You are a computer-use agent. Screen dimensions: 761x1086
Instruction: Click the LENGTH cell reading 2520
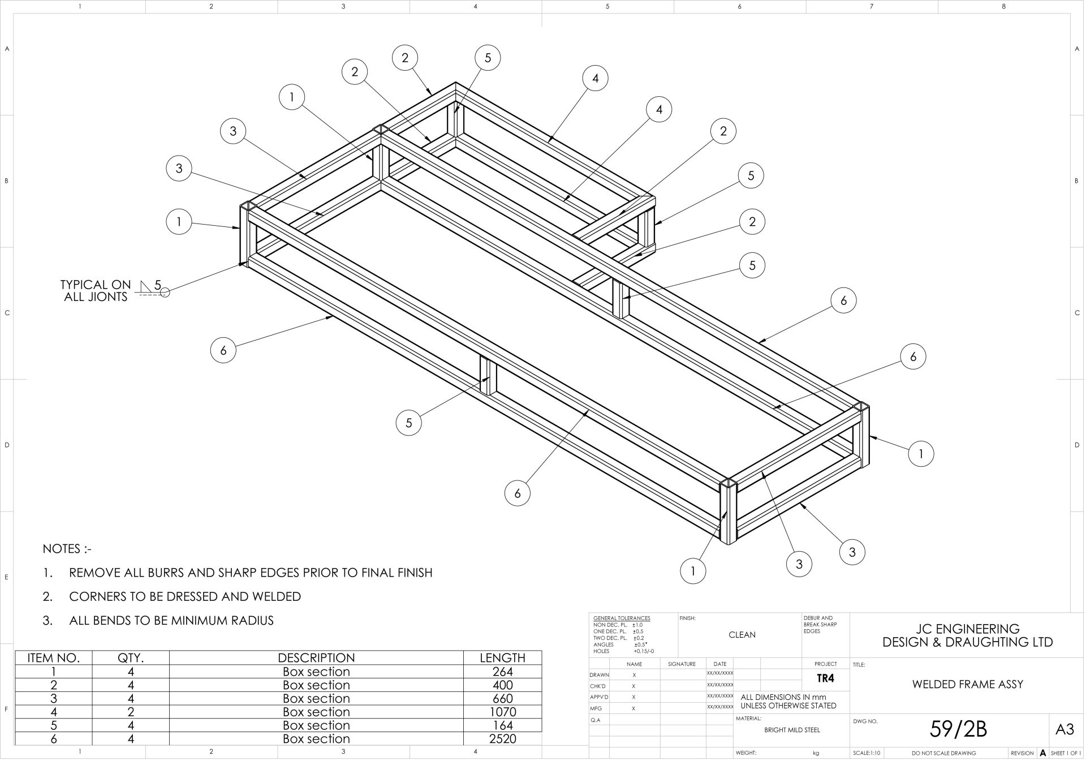(502, 738)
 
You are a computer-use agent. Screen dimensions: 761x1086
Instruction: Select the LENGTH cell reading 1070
(502, 712)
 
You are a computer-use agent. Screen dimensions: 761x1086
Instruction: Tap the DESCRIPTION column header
(316, 658)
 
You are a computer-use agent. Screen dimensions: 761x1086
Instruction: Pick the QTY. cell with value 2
(131, 712)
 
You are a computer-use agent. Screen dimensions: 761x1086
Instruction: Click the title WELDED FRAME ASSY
(967, 685)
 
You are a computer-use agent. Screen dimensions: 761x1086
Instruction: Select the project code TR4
(825, 678)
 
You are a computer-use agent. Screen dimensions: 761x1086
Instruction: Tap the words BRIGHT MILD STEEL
(792, 730)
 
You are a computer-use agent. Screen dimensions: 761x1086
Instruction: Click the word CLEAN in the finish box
(742, 635)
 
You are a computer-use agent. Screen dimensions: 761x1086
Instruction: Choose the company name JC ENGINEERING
(967, 629)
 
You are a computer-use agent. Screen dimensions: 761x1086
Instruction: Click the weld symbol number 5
(158, 285)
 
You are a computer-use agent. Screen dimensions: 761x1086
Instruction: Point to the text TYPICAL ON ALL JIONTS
(96, 291)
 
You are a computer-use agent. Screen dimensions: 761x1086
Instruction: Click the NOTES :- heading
(67, 549)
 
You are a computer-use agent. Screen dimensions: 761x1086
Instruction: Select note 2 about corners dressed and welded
(184, 596)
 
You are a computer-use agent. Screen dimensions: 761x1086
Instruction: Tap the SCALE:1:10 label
(867, 753)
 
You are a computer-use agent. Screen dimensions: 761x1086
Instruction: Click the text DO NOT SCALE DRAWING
(943, 753)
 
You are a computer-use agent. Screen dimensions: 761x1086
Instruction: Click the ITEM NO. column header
(54, 658)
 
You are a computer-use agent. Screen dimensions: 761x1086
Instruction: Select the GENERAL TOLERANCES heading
(622, 618)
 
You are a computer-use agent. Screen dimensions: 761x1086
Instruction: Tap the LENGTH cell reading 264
(502, 672)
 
